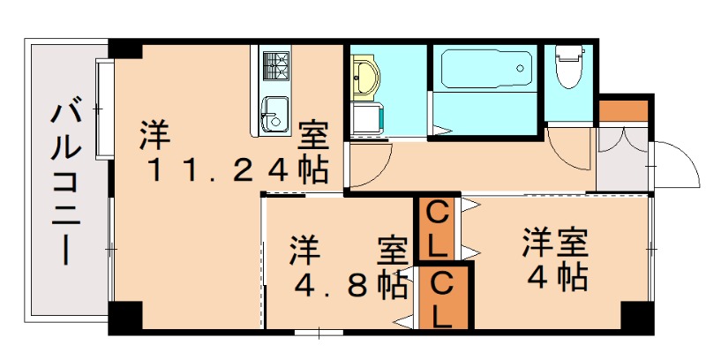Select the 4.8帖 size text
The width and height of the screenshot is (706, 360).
[349, 285]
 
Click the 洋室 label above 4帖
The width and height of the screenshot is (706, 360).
[554, 240]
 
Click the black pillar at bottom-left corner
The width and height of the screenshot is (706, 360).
[124, 317]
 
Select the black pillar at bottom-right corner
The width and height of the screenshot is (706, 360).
[634, 315]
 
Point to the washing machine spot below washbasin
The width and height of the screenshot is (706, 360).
[364, 119]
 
